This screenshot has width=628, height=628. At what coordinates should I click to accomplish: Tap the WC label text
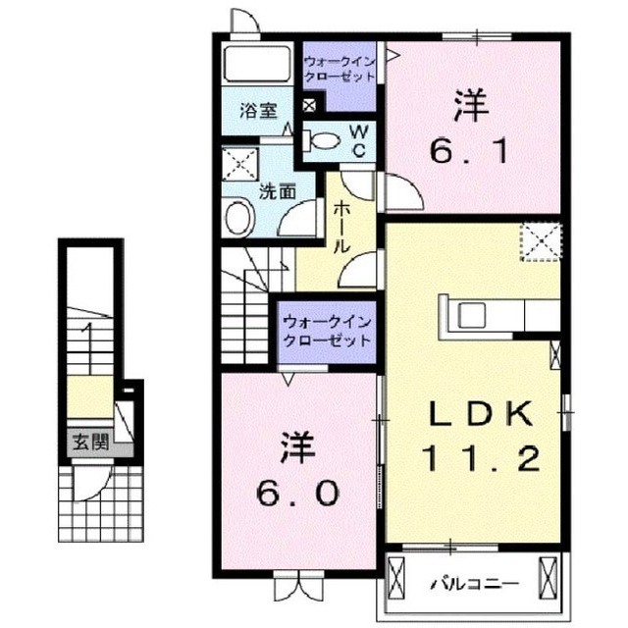[x=358, y=139]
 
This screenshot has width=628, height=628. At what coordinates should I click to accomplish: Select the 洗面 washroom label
[x=278, y=191]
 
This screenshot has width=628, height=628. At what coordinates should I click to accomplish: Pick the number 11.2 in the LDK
[x=481, y=457]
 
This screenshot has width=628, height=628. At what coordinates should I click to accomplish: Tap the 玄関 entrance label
[x=84, y=443]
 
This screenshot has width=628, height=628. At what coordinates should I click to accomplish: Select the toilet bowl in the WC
[x=320, y=139]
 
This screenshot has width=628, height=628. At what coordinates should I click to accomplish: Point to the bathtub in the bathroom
[x=254, y=65]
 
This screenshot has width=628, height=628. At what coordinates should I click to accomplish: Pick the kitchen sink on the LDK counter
[x=470, y=316]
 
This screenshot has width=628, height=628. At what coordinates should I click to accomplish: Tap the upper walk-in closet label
[x=337, y=68]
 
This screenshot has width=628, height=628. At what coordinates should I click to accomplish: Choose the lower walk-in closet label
[x=326, y=331]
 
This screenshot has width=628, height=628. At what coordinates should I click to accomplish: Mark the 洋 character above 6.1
[x=470, y=107]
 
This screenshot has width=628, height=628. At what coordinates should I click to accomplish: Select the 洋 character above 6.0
[x=300, y=446]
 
